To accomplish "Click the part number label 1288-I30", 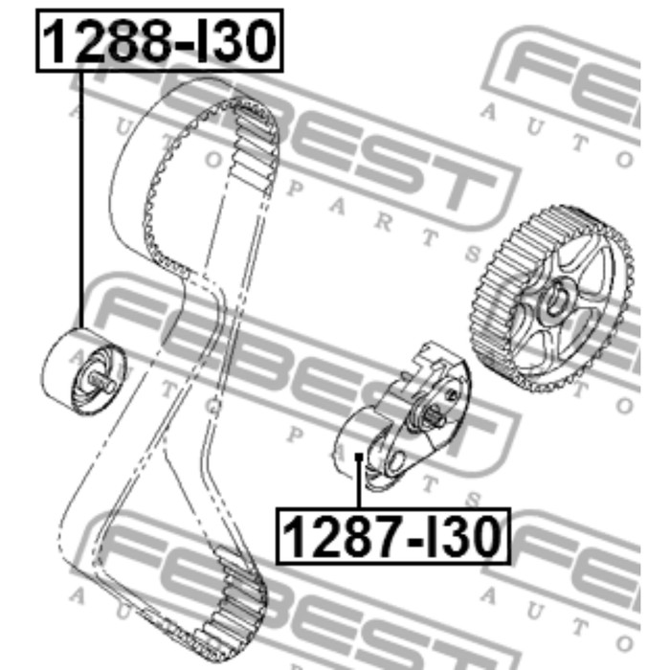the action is click(160, 40).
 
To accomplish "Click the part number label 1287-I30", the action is click(393, 536).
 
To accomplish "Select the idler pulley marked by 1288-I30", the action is click(84, 371).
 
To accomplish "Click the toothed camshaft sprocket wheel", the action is click(553, 299).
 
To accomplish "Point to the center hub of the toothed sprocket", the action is click(555, 300).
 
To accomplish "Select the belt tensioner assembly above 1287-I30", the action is click(402, 416).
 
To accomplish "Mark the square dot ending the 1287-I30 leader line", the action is click(359, 457).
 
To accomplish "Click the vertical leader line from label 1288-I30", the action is click(80, 200).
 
